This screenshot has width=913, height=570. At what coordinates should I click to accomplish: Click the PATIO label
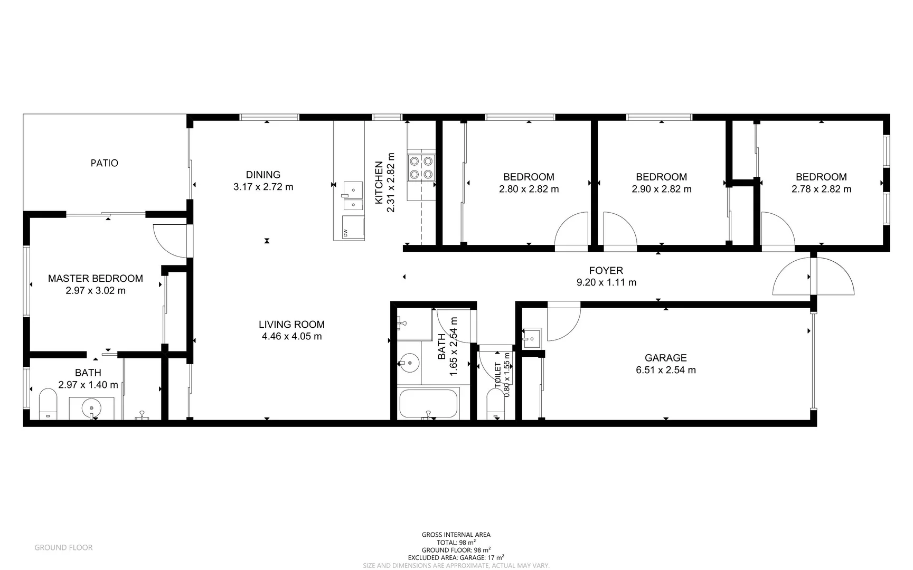coord(104,163)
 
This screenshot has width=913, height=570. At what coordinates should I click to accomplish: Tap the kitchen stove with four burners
coord(421,167)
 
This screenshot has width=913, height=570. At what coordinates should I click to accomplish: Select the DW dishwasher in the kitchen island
coord(353,227)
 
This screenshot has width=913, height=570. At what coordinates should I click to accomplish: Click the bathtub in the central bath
coord(428,404)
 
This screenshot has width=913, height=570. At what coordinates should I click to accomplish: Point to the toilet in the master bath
coord(48,404)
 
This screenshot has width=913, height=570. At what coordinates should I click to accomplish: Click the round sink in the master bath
coord(92,407)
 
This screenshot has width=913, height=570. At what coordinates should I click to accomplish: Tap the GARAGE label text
coord(665,358)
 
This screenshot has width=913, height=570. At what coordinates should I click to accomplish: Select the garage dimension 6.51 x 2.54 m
coord(665,370)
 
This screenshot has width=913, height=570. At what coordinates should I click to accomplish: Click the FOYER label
coord(606,270)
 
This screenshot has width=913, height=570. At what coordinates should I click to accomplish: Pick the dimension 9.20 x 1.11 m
coord(606,282)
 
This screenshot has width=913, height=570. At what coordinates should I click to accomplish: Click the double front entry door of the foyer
coord(813,277)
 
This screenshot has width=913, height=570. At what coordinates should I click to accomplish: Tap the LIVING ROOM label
coord(291,325)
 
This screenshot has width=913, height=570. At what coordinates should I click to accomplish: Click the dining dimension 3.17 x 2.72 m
coord(263,187)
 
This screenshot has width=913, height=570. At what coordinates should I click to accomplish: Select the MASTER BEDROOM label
coord(96,278)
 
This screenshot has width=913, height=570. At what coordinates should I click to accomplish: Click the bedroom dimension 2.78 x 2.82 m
coord(821,189)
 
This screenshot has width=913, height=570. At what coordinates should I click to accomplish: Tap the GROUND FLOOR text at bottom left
coord(63,548)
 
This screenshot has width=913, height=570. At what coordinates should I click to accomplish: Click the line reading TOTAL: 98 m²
coord(456,542)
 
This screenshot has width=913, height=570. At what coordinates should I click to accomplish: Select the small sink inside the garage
coord(531,338)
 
